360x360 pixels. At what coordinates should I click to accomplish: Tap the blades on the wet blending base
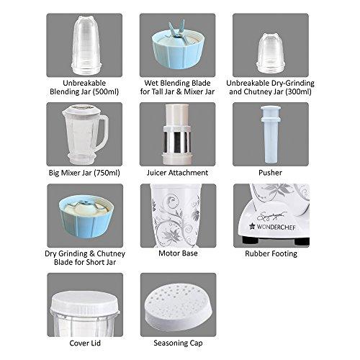pos(177,29)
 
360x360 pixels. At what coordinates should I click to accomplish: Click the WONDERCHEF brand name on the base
pos(276,227)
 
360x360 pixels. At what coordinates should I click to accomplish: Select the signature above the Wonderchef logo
pos(272,217)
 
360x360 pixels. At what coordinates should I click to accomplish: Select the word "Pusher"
pos(270,173)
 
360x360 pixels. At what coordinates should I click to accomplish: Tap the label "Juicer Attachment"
pos(177,173)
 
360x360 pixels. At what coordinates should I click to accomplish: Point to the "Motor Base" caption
pos(178,253)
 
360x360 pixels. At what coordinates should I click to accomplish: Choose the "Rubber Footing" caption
pos(271,253)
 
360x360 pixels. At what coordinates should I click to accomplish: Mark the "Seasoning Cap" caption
pos(178,343)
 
